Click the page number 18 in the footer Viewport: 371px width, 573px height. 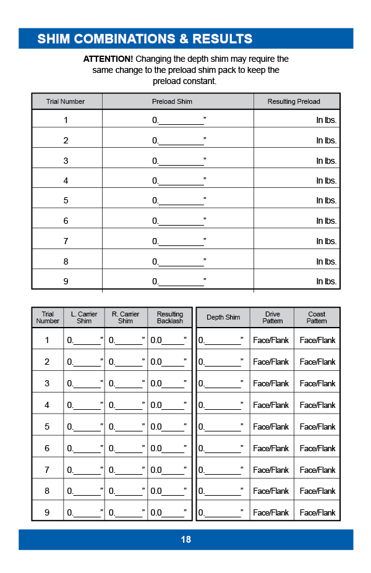tap(185, 540)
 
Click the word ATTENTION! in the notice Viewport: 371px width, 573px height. tap(108, 59)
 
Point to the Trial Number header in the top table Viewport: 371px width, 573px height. tap(66, 101)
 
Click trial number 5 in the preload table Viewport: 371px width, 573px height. tap(66, 201)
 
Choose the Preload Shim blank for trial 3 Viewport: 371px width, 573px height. tap(180, 161)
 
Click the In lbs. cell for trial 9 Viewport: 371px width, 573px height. tap(326, 282)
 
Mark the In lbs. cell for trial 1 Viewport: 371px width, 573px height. tap(326, 121)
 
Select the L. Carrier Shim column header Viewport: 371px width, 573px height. tap(84, 318)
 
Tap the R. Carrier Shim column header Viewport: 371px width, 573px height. tap(126, 318)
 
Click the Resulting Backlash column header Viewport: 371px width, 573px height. tap(170, 318)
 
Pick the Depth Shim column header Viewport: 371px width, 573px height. tap(223, 318)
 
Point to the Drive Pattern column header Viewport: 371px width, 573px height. tap(272, 318)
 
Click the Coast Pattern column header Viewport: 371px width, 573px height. tap(317, 318)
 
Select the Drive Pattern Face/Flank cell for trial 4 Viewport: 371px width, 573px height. tap(271, 405)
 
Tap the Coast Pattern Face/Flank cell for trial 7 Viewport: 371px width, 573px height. tap(317, 470)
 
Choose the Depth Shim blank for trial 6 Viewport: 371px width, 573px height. tap(222, 448)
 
